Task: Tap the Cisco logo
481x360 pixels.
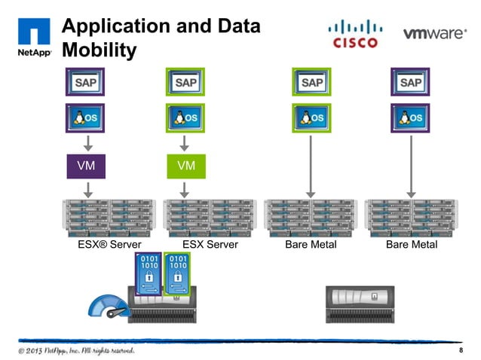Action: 354,34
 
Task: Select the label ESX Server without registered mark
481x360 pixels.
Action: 210,245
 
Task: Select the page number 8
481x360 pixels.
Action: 460,352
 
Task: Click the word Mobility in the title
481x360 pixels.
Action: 100,50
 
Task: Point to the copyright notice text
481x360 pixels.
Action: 77,352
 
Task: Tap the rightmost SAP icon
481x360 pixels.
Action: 410,81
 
